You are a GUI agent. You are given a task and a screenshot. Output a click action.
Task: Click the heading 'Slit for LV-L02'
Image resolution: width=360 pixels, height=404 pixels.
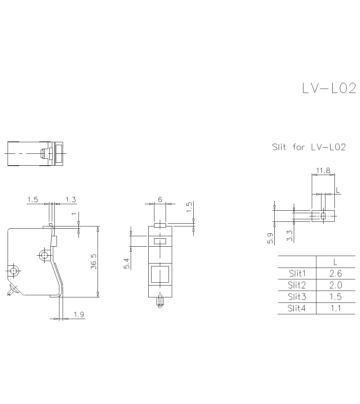point(309,147)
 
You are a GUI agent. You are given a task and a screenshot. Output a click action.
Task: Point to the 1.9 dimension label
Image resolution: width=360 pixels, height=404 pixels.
point(79,315)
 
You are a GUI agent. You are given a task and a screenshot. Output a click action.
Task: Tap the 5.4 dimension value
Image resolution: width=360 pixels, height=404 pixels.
point(126,264)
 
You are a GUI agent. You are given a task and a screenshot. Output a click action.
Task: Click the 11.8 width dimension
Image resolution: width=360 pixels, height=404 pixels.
point(323,170)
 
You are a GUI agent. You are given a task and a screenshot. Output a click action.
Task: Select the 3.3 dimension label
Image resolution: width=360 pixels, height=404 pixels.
point(290,235)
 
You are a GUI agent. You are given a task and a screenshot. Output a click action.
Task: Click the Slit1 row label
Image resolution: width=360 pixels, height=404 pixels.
point(297,273)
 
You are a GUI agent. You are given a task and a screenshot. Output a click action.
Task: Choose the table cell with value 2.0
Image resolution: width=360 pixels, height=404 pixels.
point(335,285)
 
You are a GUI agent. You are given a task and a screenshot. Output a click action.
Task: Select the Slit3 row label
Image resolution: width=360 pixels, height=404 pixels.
point(297,297)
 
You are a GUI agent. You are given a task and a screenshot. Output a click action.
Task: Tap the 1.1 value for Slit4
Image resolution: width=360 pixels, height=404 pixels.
point(335,308)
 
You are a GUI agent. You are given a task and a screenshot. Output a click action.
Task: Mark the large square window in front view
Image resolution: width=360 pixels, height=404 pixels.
point(160,274)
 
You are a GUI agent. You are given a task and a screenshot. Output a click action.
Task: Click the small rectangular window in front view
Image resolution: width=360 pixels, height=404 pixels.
point(160,241)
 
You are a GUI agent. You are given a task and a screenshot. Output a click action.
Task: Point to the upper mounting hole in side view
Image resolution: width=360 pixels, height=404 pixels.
point(44,255)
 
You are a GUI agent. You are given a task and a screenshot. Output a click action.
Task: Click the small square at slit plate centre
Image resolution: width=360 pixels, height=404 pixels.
point(323,216)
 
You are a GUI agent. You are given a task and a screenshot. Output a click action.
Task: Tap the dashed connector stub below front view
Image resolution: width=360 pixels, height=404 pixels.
point(160,301)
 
